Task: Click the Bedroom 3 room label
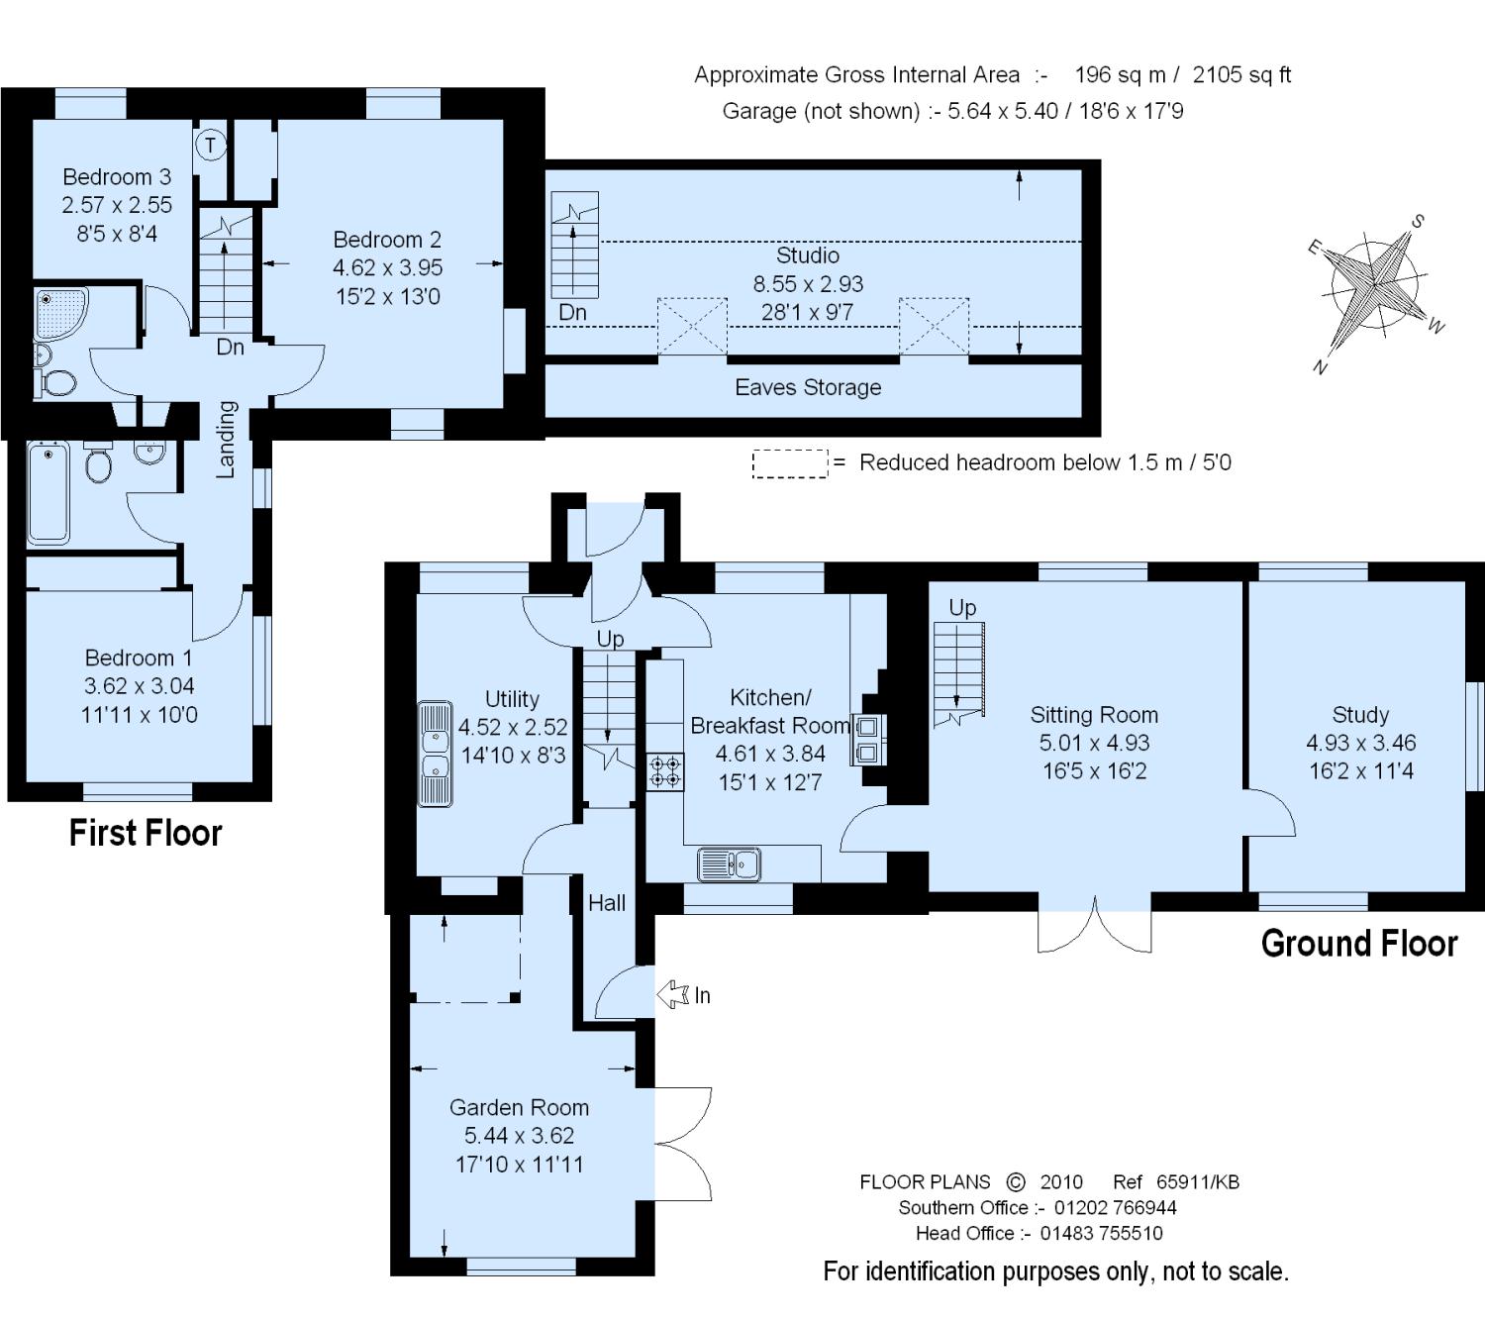click(117, 176)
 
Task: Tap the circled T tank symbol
click(211, 145)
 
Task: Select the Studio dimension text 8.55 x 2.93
click(808, 284)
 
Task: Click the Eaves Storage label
click(808, 387)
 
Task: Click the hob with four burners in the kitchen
click(665, 772)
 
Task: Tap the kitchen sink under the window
click(729, 863)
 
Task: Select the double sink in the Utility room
click(435, 754)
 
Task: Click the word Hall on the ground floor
click(607, 903)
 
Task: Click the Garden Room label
click(519, 1107)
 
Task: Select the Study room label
click(1360, 714)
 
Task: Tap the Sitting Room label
click(1094, 714)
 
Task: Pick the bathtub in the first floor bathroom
click(48, 493)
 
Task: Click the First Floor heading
click(146, 833)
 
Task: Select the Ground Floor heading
click(1359, 943)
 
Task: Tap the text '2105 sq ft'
click(1241, 75)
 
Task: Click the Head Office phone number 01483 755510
click(1102, 1233)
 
